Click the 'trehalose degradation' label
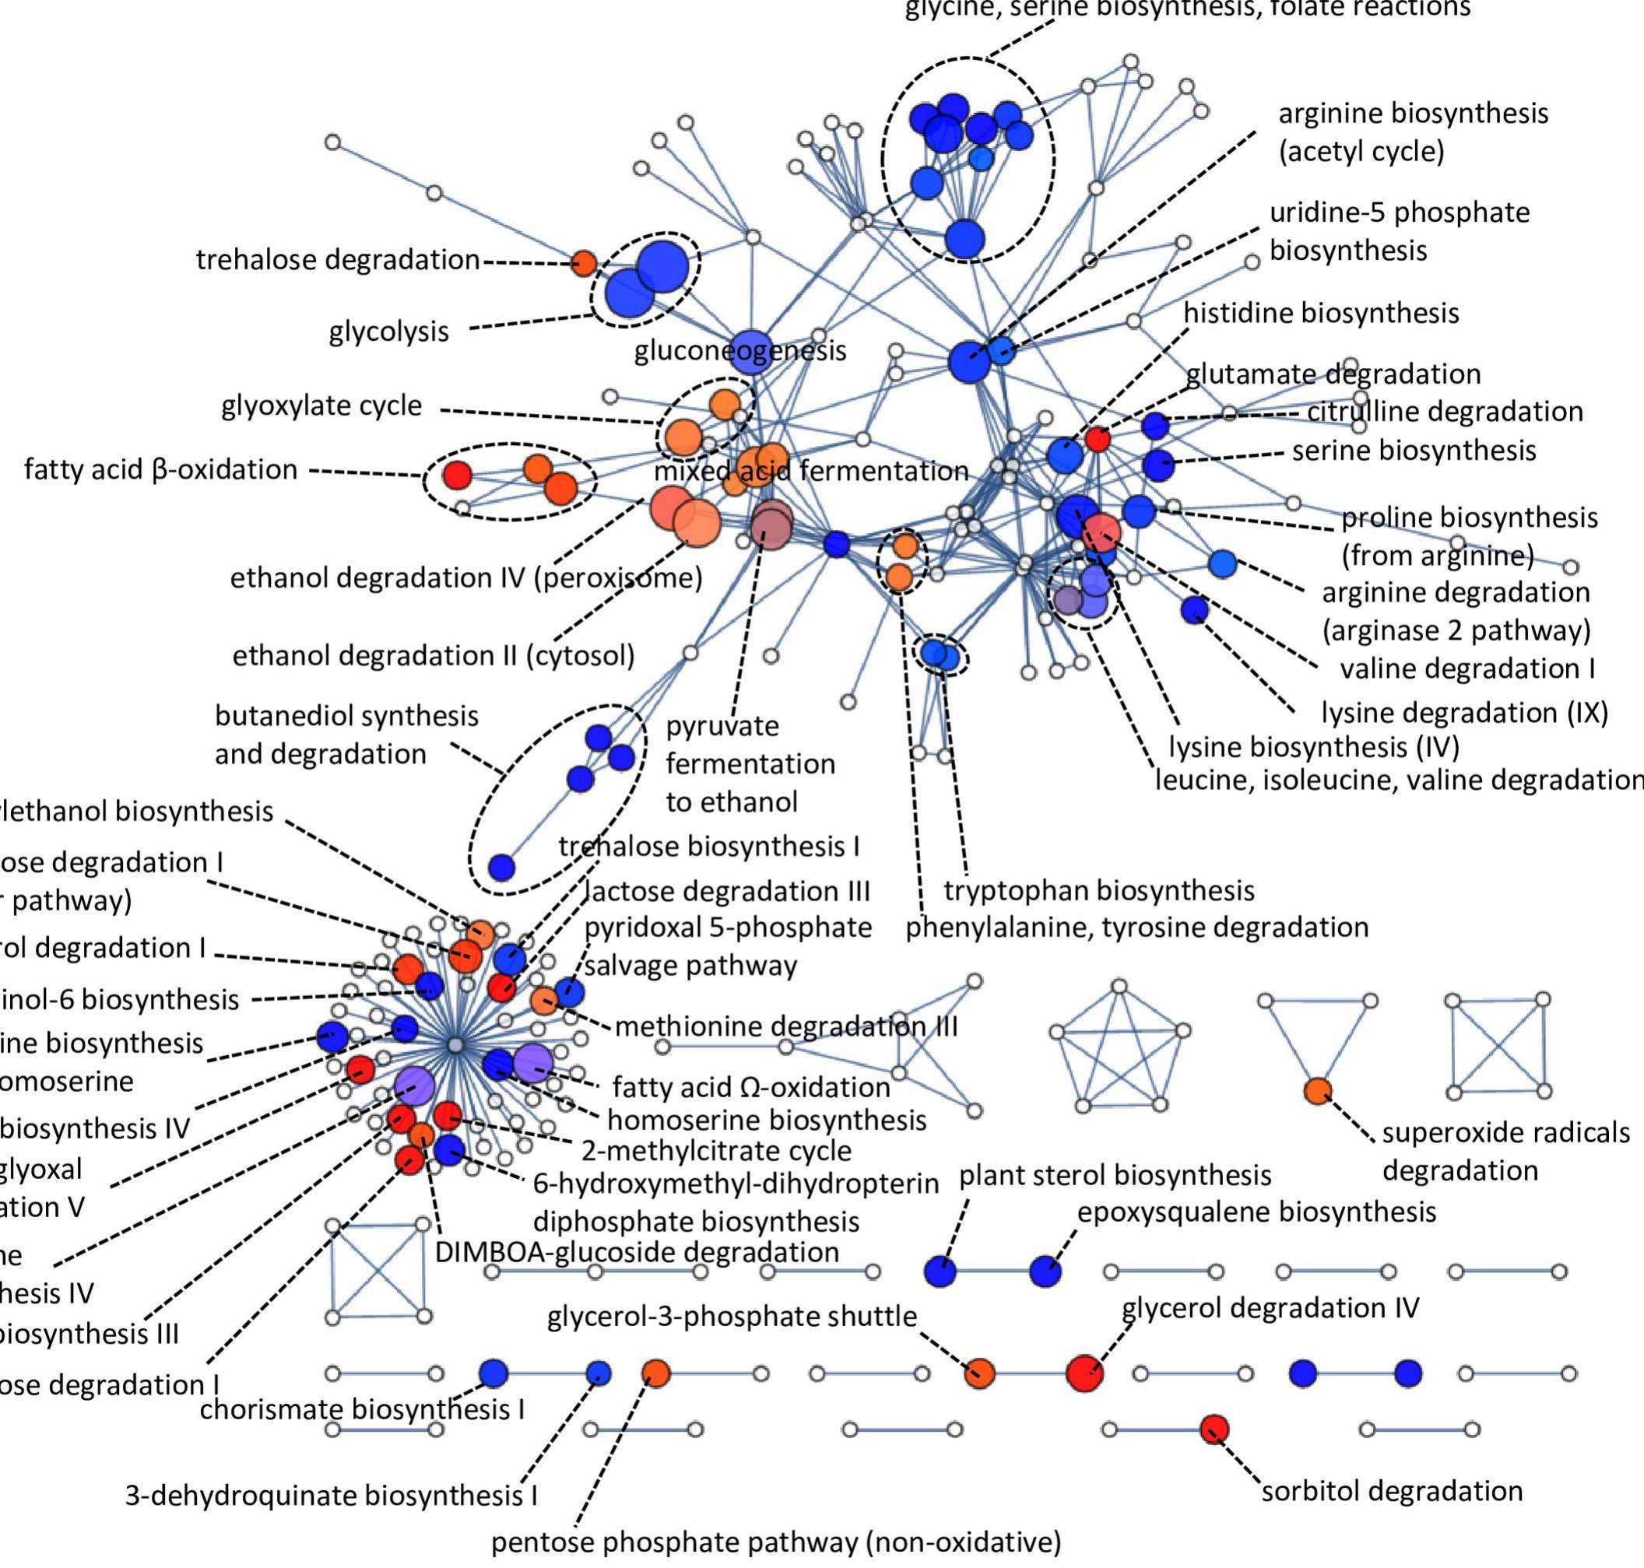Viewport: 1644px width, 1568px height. point(337,260)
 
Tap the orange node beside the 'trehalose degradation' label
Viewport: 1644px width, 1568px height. point(584,263)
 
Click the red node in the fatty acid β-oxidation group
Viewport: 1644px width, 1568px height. point(457,475)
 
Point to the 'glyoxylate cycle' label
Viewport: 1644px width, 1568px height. point(321,406)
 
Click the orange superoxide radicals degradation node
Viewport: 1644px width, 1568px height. point(1318,1091)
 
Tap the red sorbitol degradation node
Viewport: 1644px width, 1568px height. point(1214,1429)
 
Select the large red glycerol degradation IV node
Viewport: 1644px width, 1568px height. point(1084,1373)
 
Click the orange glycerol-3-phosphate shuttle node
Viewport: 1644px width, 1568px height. point(979,1373)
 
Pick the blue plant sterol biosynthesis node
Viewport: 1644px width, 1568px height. point(940,1272)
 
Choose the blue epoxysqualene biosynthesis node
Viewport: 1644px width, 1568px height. point(1045,1272)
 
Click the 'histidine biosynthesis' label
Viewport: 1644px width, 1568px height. point(1320,314)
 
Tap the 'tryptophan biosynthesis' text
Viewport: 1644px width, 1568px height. point(1099,891)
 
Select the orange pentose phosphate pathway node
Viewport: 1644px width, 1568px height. point(656,1373)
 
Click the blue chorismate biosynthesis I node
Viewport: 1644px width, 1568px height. point(494,1373)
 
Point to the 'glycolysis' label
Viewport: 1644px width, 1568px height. point(389,331)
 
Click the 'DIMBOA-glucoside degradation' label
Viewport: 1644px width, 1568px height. point(637,1252)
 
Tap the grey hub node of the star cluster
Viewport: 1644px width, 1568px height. point(455,1046)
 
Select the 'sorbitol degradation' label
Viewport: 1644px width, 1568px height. point(1392,1491)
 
